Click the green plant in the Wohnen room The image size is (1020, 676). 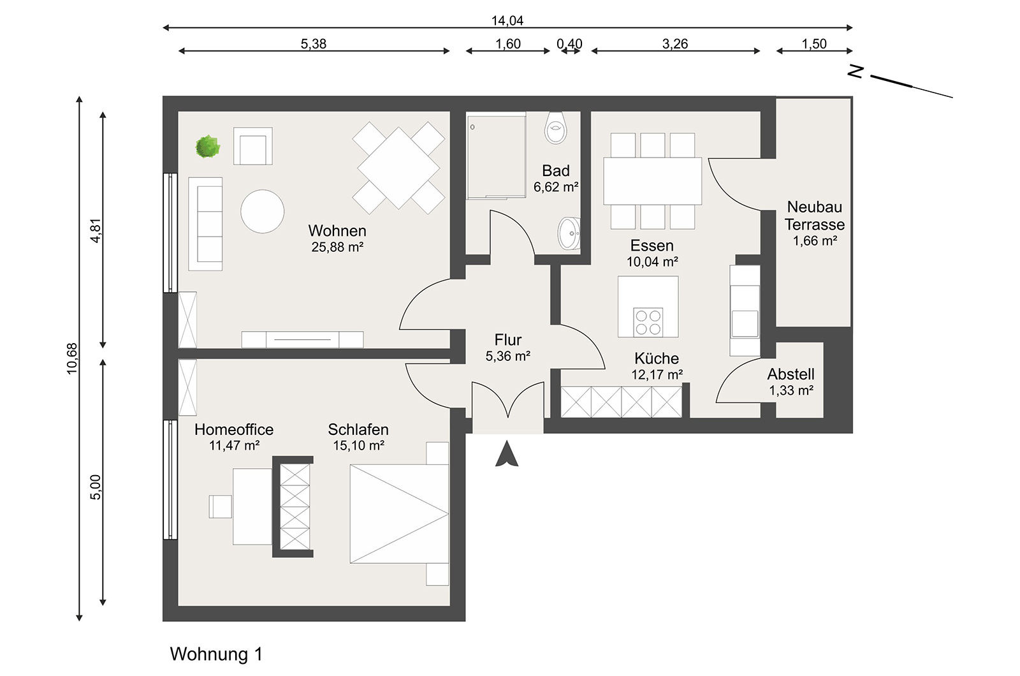click(208, 147)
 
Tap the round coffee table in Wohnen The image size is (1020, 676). click(262, 211)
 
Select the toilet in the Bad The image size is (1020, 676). click(556, 128)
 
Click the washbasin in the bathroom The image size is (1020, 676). click(569, 233)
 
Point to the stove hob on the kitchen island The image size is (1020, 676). click(648, 321)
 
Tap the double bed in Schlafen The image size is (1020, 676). click(399, 514)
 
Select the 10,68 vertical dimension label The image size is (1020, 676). click(72, 358)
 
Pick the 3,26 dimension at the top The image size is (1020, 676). click(675, 44)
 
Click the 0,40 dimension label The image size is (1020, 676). click(569, 44)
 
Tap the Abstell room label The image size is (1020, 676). click(790, 374)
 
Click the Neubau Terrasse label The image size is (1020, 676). click(815, 216)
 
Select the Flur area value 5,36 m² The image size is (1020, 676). click(508, 356)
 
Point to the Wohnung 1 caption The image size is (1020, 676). click(216, 654)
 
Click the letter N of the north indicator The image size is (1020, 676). click(856, 71)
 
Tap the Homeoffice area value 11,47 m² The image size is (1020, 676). click(235, 446)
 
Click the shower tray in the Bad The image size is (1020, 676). click(496, 156)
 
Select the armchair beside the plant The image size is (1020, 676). click(253, 146)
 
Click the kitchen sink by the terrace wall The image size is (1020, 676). click(745, 323)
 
